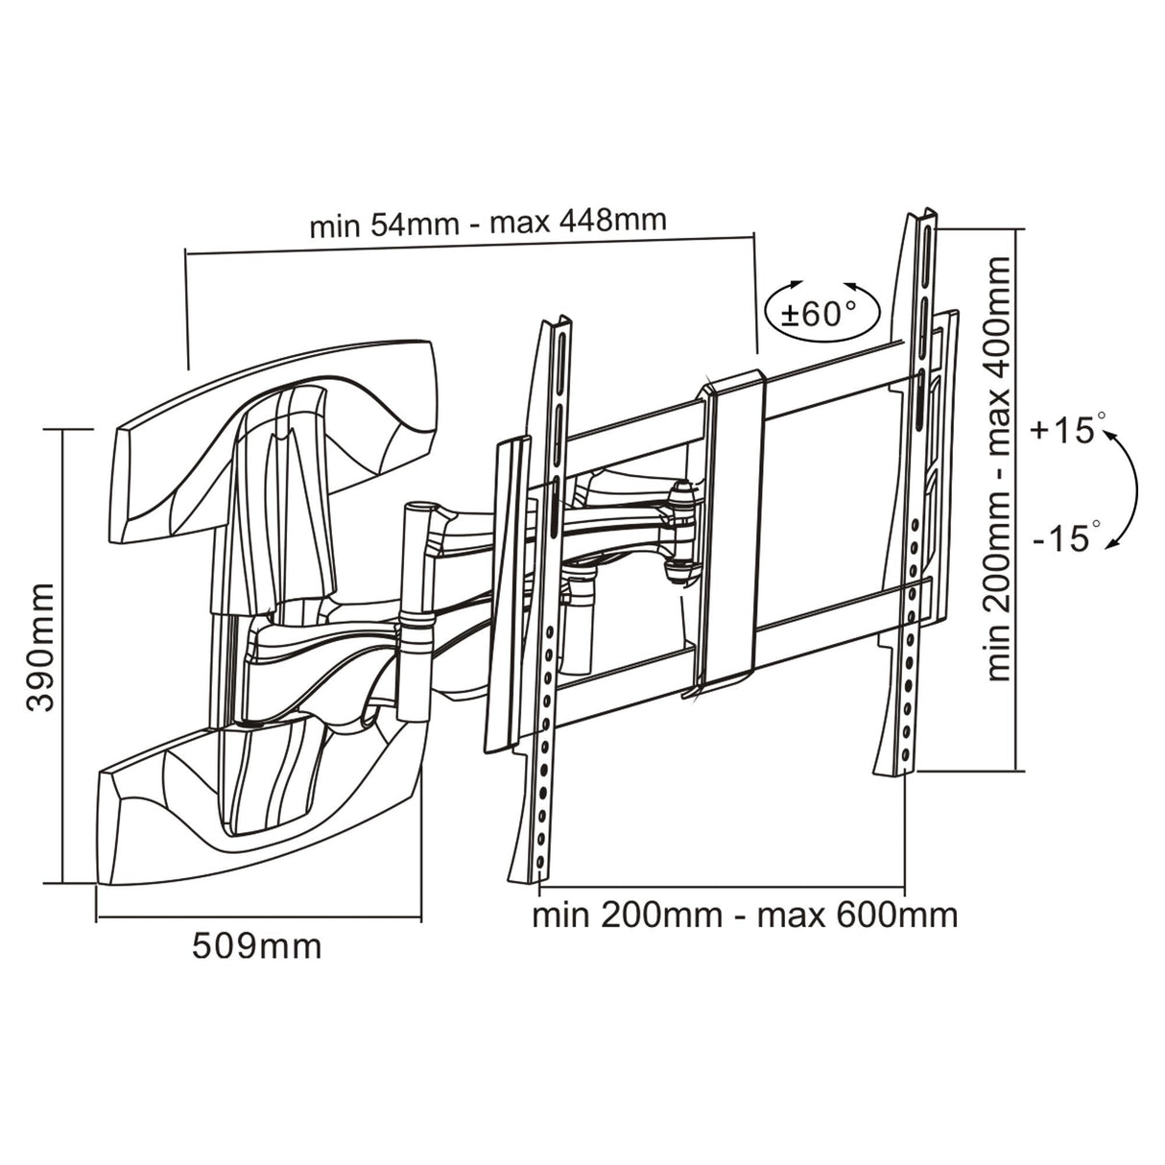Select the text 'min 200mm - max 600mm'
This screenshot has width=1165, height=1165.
(x=745, y=915)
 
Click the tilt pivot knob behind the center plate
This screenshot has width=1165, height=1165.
(x=682, y=533)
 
